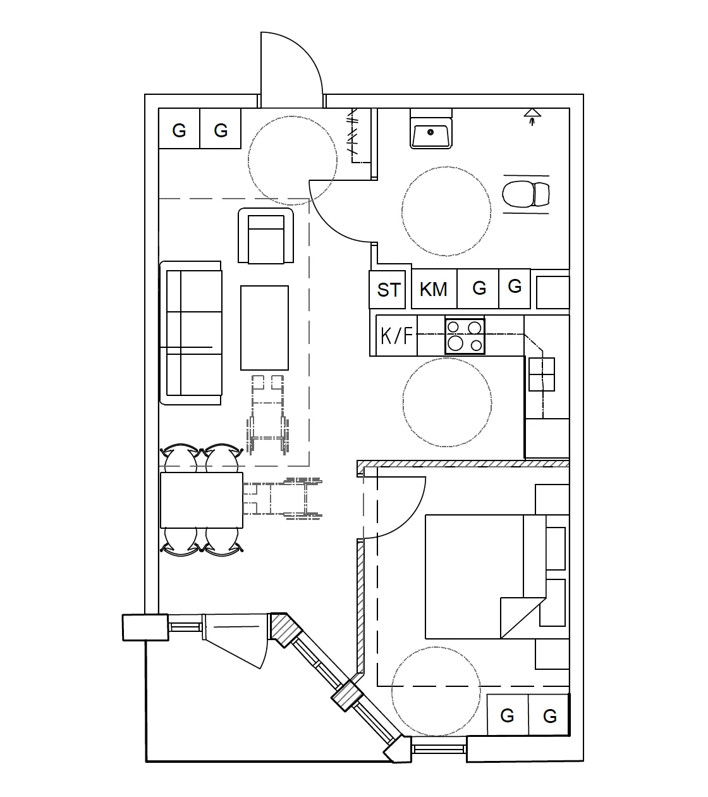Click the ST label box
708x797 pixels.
(389, 289)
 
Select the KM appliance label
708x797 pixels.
(434, 289)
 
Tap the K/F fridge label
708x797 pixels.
(396, 335)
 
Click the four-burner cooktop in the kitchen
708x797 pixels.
(465, 336)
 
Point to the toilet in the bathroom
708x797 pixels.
(526, 194)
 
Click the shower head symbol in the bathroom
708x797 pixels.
(532, 115)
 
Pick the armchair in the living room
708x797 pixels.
(265, 237)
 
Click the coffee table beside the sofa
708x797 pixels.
(264, 328)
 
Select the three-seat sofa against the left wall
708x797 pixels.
(192, 333)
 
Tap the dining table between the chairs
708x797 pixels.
(202, 500)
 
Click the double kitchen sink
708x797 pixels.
(542, 374)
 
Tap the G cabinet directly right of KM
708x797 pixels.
(479, 288)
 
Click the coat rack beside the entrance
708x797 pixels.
(358, 136)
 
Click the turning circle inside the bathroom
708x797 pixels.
(446, 211)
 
